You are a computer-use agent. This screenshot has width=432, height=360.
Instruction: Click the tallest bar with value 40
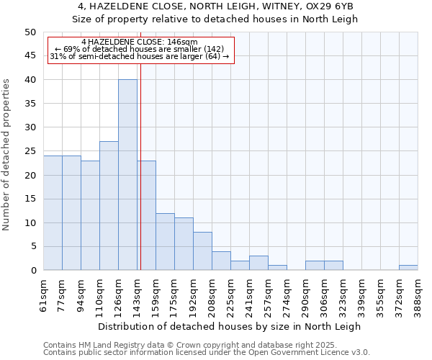tap(127, 175)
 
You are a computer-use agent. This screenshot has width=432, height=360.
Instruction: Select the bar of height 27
tap(109, 206)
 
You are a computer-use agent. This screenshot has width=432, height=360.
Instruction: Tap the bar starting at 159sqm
tap(165, 242)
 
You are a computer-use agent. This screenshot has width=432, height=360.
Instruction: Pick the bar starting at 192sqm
tap(202, 251)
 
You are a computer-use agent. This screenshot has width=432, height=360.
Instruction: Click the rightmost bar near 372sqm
tap(408, 268)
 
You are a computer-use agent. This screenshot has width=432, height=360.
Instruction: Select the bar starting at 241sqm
tap(258, 263)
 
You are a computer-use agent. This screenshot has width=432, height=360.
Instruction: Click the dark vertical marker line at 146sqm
tap(140, 166)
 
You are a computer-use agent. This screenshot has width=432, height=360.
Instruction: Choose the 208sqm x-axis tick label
tap(212, 293)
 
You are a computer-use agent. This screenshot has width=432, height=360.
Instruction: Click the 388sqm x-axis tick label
tap(418, 293)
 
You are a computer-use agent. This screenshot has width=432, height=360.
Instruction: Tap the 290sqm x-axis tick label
tap(305, 293)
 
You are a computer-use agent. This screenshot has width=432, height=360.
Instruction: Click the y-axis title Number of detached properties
tap(7, 155)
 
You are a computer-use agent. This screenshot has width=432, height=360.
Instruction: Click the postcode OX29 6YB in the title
tap(336, 6)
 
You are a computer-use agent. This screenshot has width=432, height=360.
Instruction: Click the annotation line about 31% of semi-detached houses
tap(140, 56)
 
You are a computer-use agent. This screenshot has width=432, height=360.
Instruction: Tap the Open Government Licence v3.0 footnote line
tap(207, 352)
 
